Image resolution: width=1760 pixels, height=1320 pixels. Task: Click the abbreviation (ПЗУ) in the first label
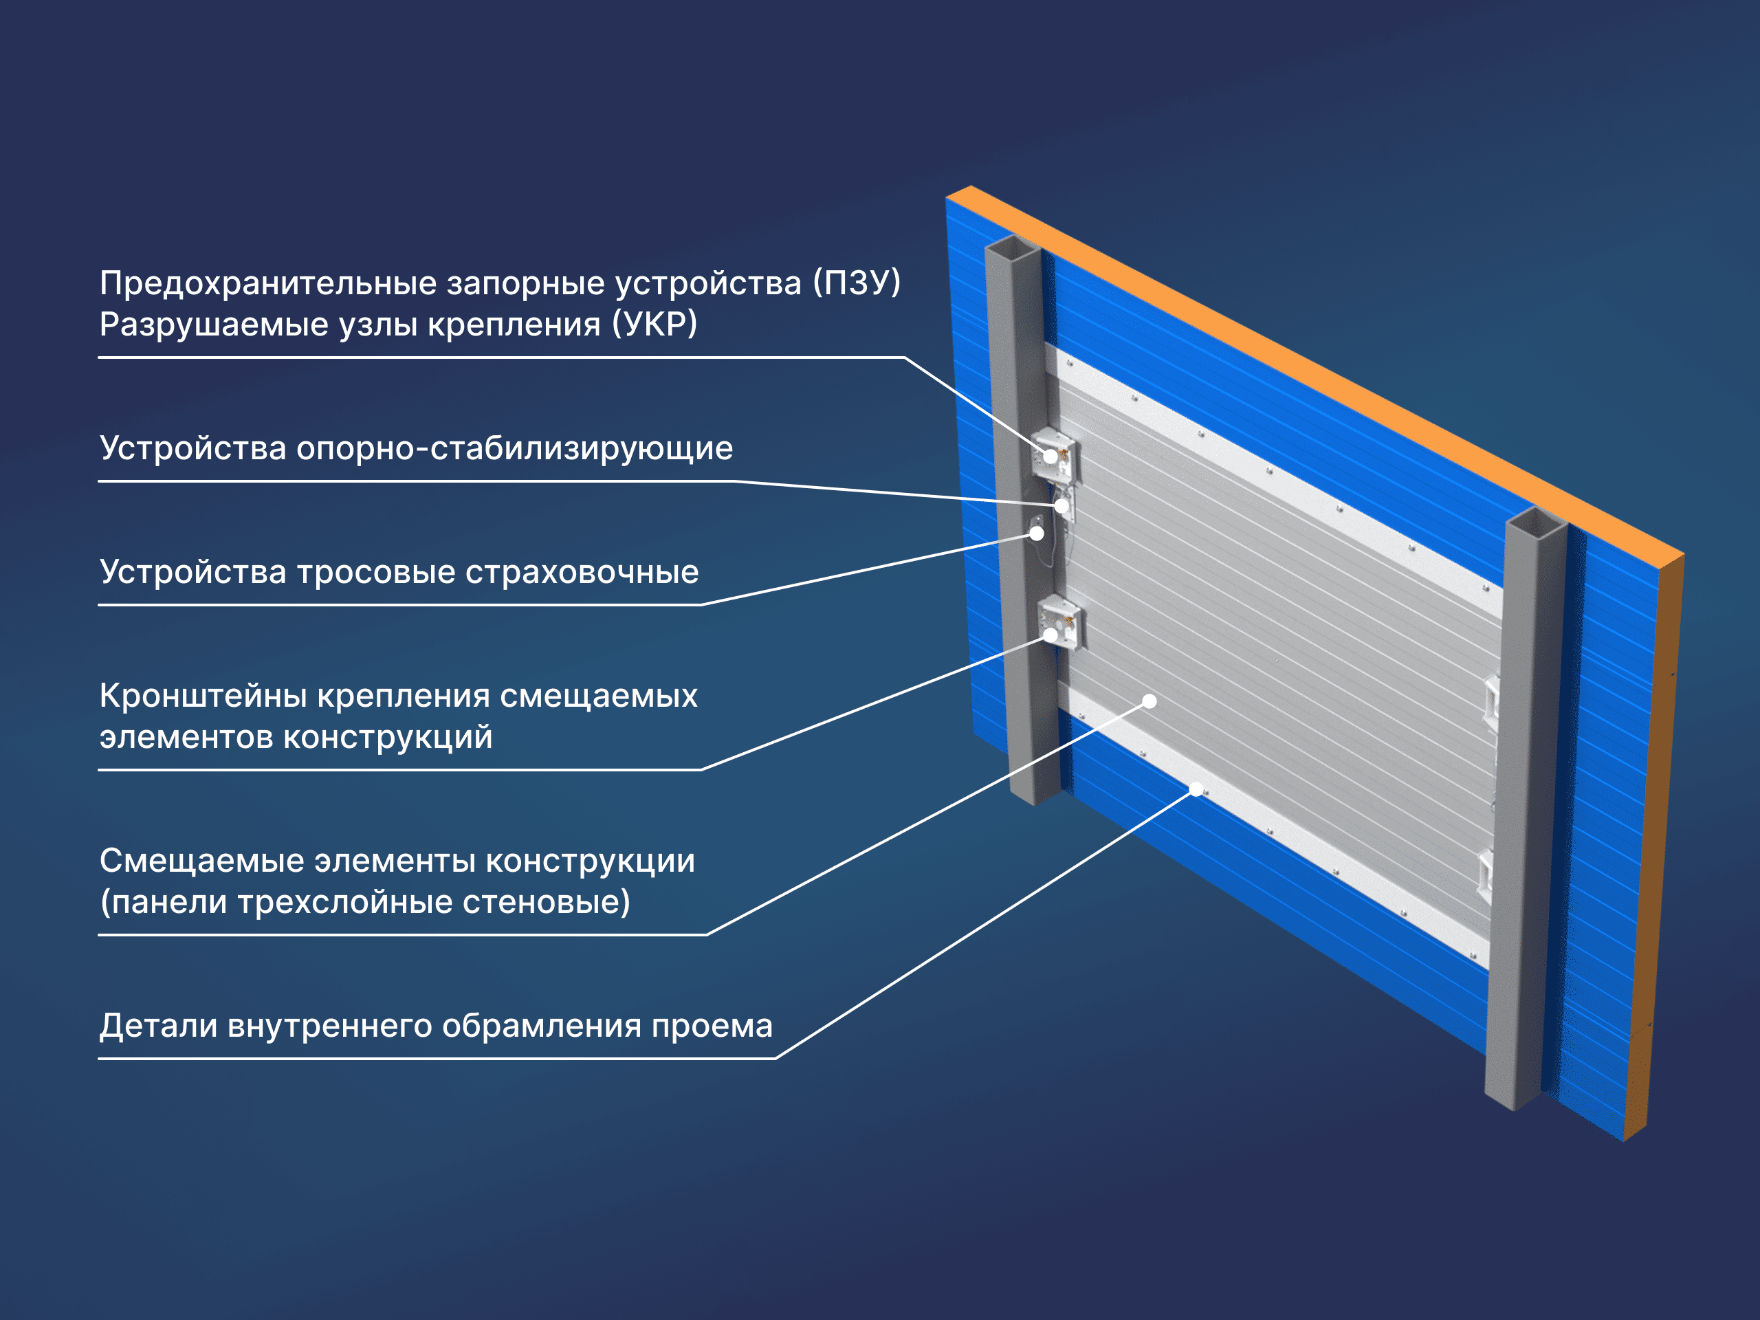[856, 283]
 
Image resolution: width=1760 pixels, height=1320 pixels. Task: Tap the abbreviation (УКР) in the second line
[654, 324]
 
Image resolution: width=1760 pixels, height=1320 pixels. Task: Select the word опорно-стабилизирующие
[515, 449]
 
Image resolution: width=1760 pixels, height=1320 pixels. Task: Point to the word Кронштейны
[203, 696]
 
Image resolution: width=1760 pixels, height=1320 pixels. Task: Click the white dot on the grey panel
[1149, 701]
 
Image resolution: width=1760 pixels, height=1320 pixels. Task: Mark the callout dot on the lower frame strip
[1196, 789]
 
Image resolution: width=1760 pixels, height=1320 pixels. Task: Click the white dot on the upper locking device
[1051, 456]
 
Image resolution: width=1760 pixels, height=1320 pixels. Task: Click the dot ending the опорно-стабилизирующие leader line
[1061, 505]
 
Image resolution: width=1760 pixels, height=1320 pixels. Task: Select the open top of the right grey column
[1537, 522]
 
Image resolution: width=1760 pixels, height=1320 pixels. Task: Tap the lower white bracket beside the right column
[1485, 875]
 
